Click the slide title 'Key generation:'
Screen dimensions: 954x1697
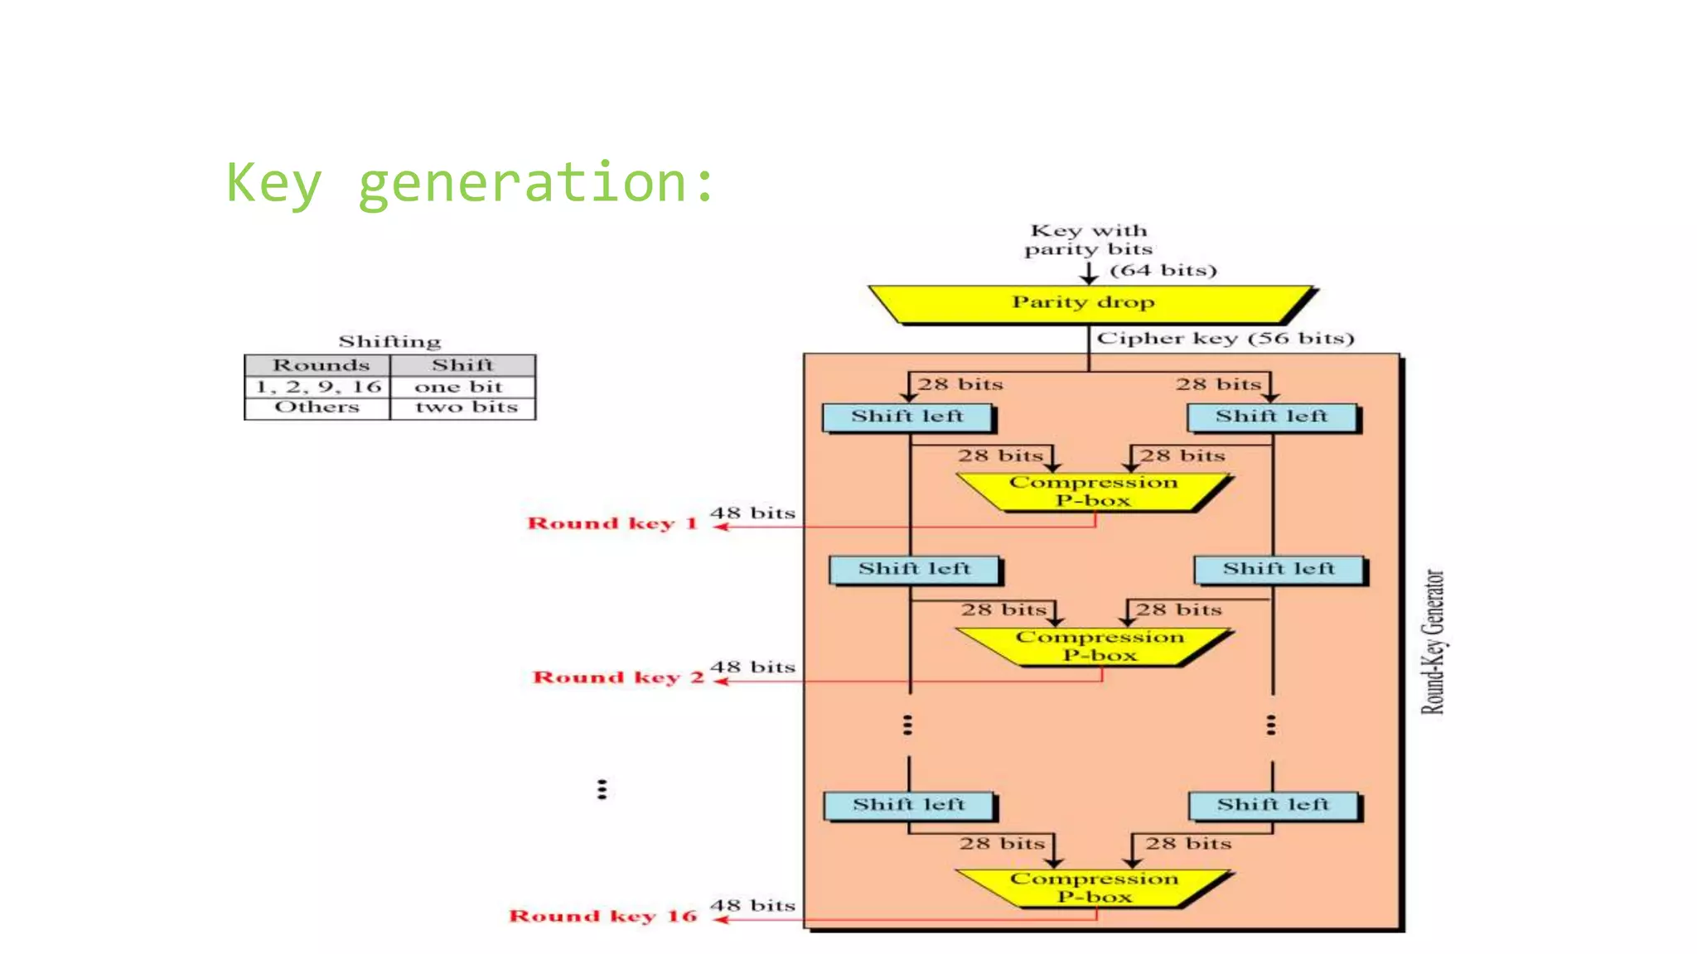[470, 182]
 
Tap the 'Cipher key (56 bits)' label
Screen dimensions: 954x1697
[1225, 339]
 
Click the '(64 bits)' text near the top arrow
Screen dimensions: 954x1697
[1163, 271]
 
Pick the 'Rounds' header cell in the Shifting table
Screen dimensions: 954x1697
[320, 365]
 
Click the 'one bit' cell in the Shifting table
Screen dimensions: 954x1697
[459, 387]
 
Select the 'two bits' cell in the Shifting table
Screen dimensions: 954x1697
[466, 407]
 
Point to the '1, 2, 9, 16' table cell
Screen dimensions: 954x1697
[318, 387]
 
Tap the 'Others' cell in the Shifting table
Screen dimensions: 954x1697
[317, 407]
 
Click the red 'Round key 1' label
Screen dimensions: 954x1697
[612, 523]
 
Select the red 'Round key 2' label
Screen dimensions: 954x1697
[617, 677]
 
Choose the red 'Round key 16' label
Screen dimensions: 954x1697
[602, 916]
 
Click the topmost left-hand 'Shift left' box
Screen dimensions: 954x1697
[907, 417]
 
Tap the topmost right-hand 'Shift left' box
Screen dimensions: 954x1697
[1272, 417]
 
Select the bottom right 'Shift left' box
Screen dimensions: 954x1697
[1273, 805]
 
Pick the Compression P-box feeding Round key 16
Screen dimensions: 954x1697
[1094, 888]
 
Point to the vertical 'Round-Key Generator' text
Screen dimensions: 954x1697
[1433, 642]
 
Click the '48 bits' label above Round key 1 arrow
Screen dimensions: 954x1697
[752, 513]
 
